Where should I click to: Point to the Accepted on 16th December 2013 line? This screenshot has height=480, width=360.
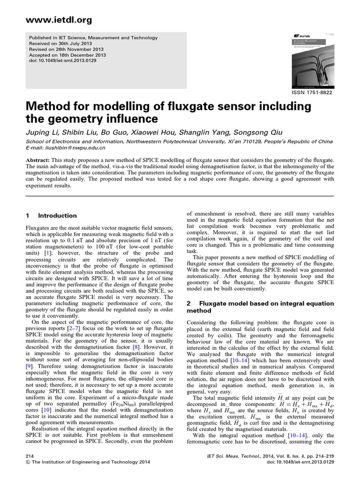click(x=67, y=55)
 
